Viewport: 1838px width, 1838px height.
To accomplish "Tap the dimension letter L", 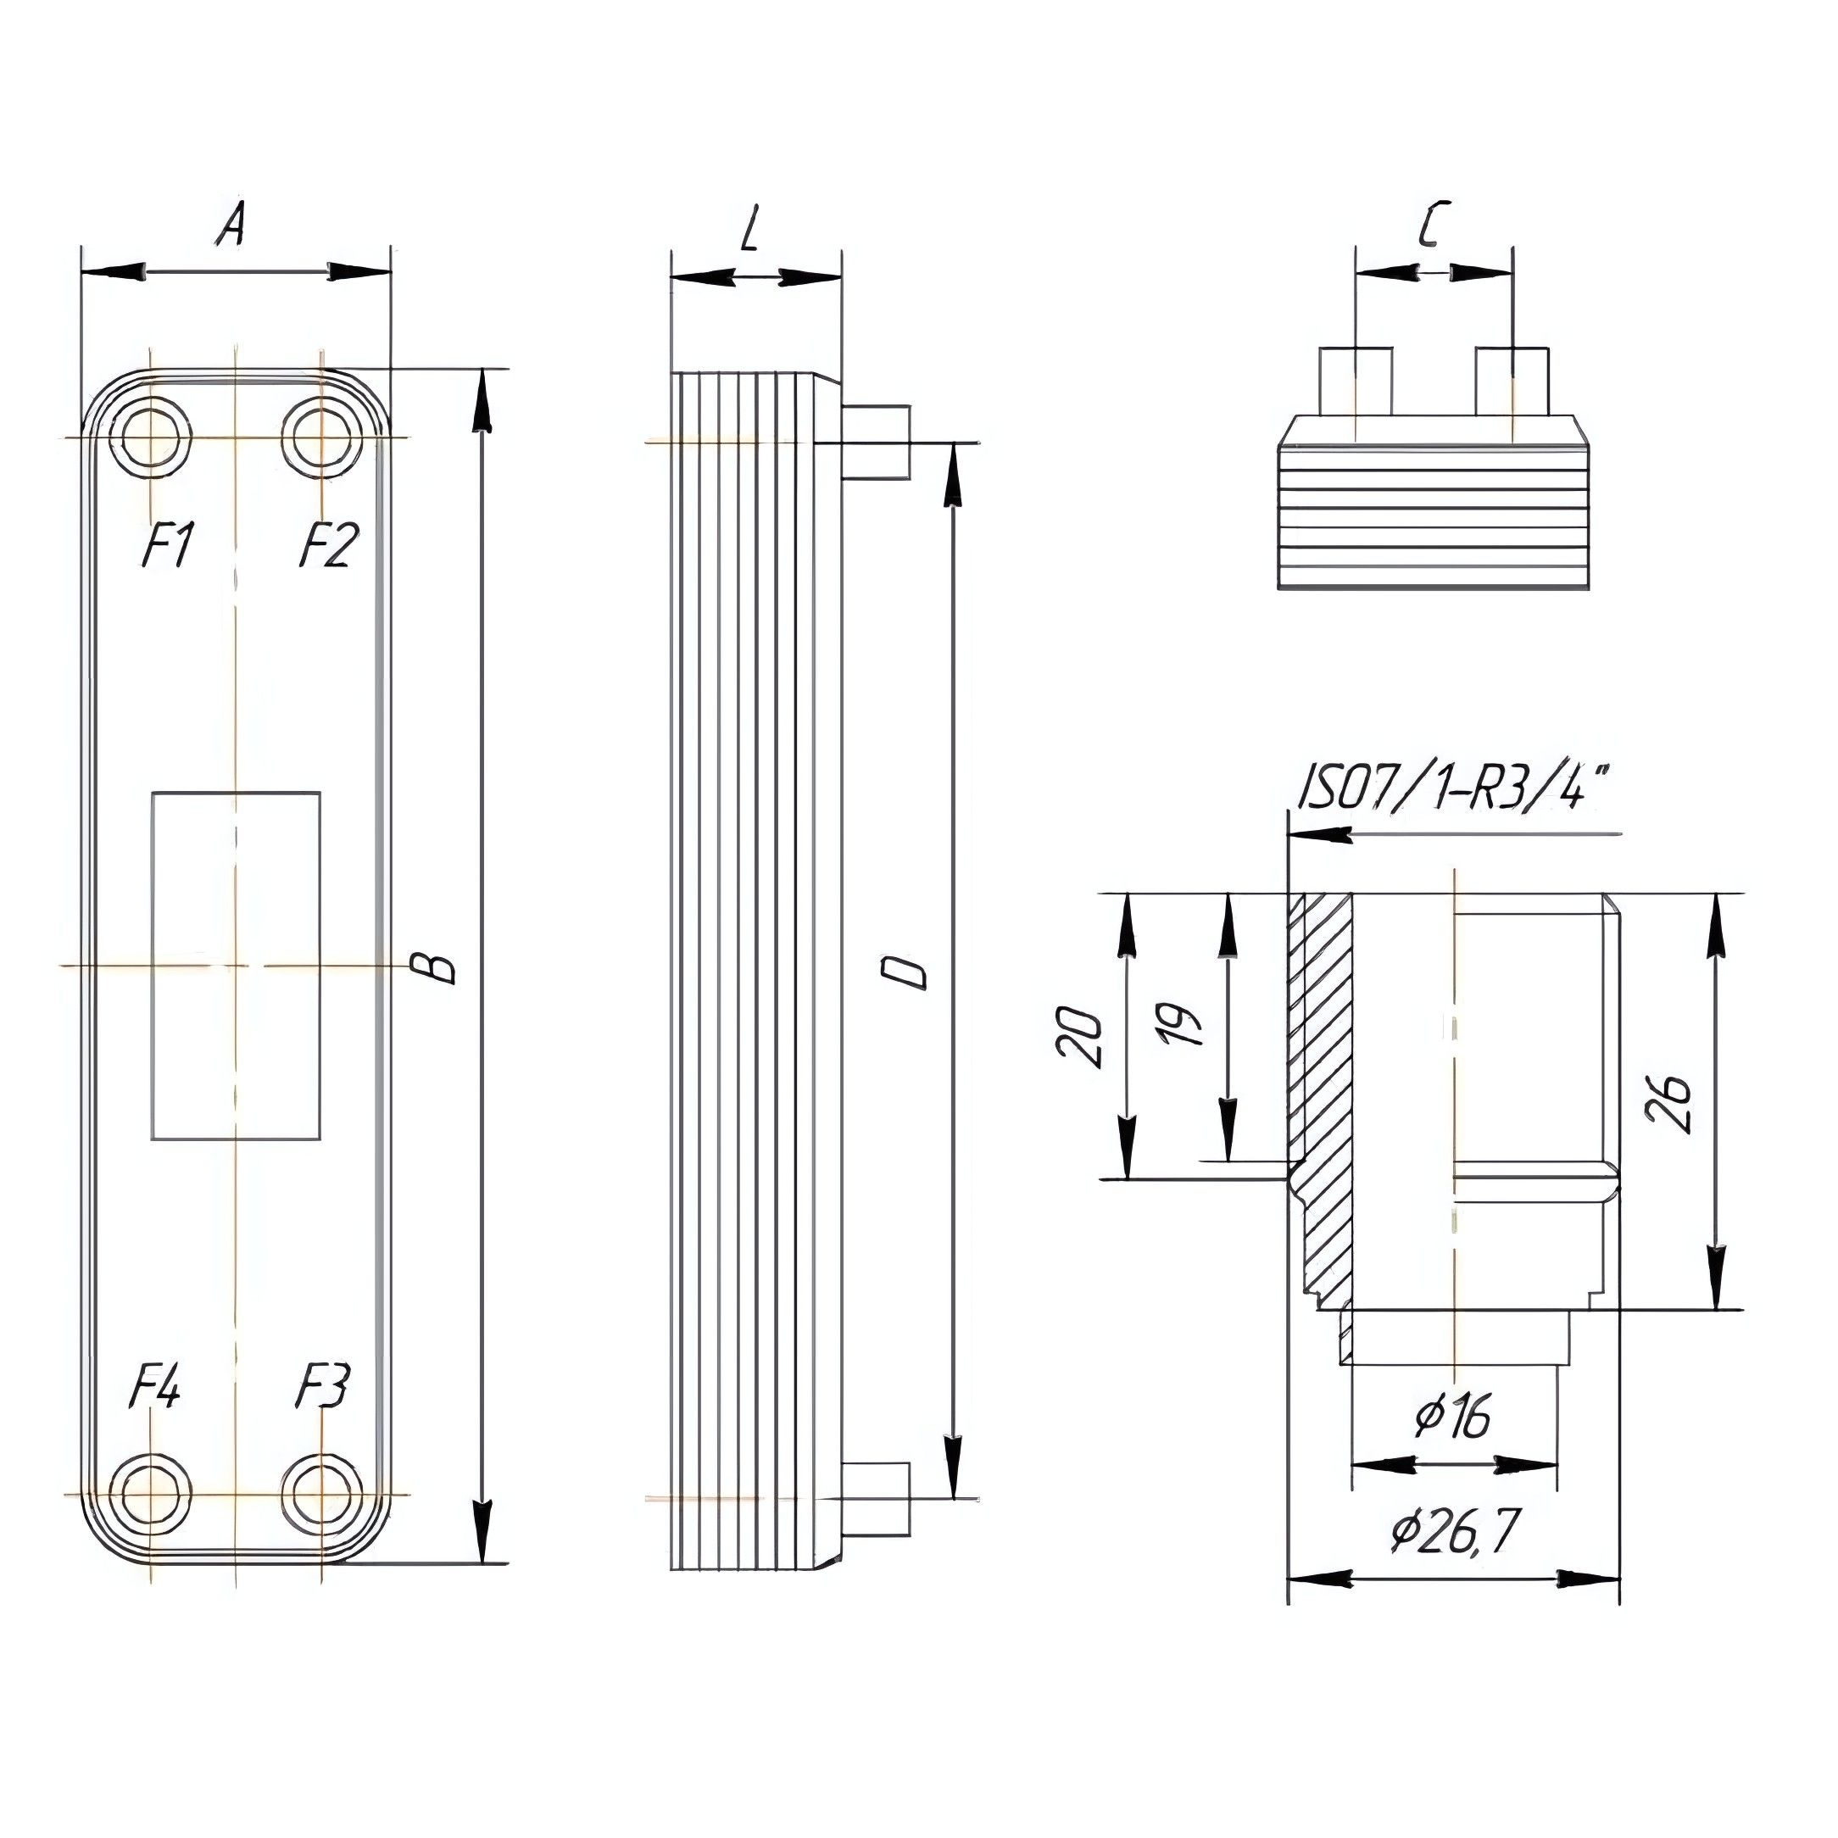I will coord(750,228).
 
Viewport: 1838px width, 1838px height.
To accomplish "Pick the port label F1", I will coord(169,546).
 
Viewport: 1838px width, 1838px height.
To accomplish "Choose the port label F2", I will coord(328,546).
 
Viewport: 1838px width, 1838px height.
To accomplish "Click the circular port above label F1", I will coord(150,437).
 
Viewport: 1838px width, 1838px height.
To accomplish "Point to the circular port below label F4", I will coord(150,1495).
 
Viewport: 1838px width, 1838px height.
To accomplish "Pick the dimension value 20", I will coord(1081,1037).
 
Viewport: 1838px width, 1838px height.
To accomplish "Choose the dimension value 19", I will coord(1184,1023).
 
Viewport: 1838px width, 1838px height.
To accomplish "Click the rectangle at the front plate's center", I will coord(236,965).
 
